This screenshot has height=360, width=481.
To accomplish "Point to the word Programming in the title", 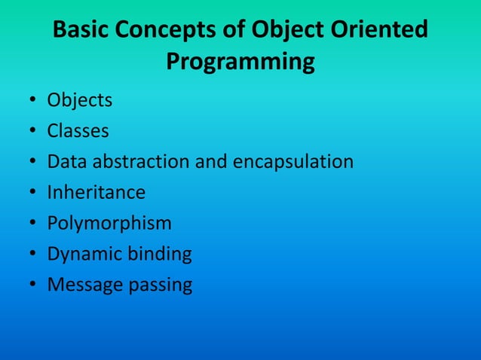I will [x=240, y=62].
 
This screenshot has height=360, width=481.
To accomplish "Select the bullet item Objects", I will [x=80, y=100].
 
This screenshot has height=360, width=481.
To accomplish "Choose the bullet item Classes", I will [x=78, y=131].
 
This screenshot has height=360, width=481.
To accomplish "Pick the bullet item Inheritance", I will [x=96, y=193].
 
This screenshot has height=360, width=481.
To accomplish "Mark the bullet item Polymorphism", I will [x=109, y=224].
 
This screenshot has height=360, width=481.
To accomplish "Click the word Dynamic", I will [x=82, y=255].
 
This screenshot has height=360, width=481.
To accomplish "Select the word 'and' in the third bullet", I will [x=219, y=162].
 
